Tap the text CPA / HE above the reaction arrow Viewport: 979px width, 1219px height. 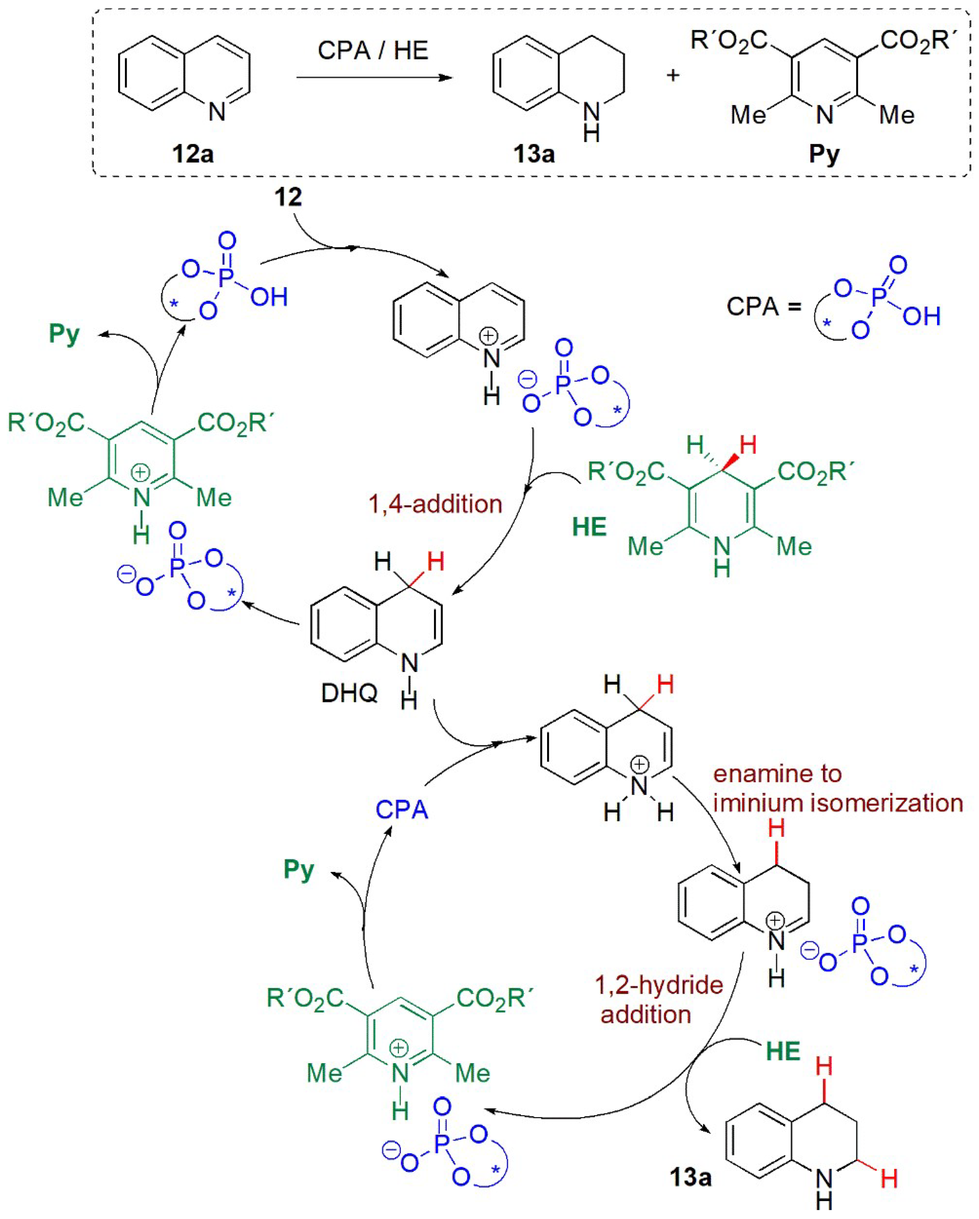point(373,50)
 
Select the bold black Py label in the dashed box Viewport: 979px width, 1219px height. point(824,154)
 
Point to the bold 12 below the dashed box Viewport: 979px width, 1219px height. point(288,197)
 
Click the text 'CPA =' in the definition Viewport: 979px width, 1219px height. point(764,307)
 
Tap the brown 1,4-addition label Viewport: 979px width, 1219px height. point(435,504)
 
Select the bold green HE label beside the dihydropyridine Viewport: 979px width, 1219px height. point(589,527)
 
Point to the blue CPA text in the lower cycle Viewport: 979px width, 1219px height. point(401,810)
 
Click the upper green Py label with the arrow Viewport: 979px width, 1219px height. point(64,334)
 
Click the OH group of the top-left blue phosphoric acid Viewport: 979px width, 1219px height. point(269,297)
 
